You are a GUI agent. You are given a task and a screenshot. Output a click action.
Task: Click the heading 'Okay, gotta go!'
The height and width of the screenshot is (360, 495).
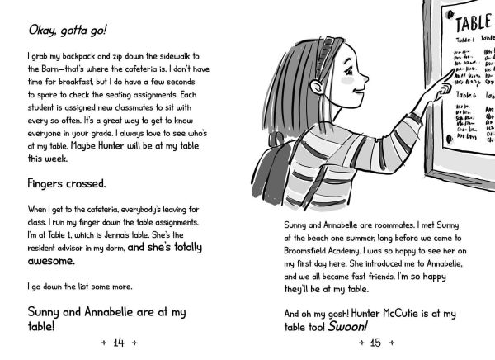click(x=66, y=31)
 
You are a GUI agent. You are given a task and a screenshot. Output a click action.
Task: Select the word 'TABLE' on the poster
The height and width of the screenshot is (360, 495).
click(x=473, y=19)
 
